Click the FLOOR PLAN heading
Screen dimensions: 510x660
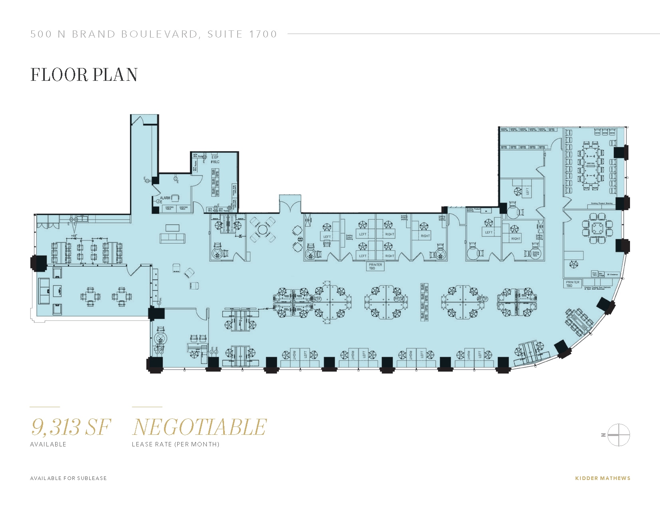coord(84,75)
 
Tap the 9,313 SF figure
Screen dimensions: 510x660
coord(70,427)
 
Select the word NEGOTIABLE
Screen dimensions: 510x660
coord(199,427)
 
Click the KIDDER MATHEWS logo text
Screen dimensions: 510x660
coord(602,478)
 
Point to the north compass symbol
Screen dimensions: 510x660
coord(618,435)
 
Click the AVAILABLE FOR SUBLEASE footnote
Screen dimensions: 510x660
coord(68,478)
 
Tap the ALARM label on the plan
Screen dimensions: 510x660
coord(165,198)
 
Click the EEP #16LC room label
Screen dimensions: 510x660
coord(215,160)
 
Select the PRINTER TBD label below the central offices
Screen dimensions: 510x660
coord(375,266)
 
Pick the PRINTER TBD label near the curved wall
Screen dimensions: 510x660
coord(572,284)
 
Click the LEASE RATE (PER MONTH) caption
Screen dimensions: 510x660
coord(176,444)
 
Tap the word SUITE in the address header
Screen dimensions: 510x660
coord(225,34)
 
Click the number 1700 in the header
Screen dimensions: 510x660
coord(263,34)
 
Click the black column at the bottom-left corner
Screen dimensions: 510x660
coord(155,364)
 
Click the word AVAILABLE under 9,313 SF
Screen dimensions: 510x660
coord(48,444)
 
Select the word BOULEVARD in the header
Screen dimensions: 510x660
coord(160,34)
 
